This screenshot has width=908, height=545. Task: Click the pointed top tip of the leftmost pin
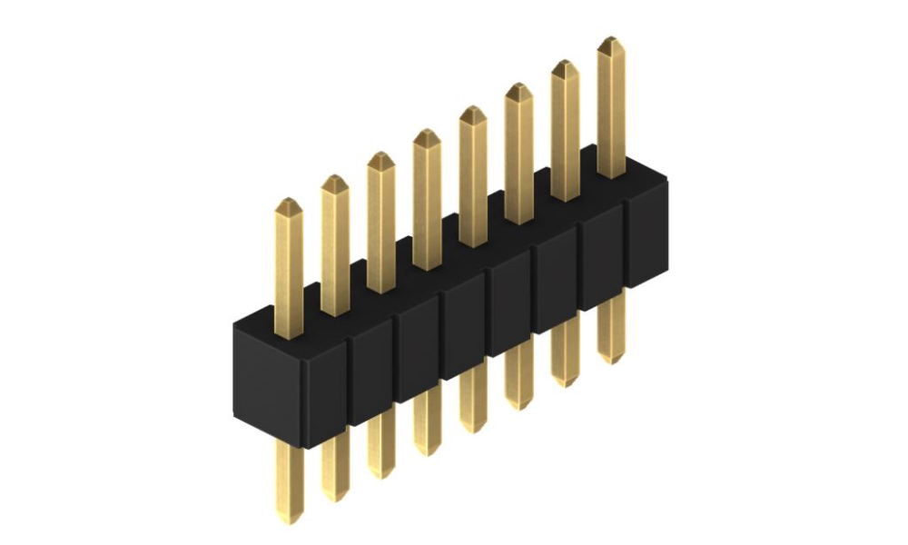pyautogui.click(x=289, y=202)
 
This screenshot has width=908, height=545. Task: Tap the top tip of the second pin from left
pyautogui.click(x=335, y=179)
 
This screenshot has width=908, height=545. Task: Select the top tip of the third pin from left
pyautogui.click(x=380, y=155)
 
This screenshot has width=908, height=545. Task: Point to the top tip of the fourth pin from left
pyautogui.click(x=427, y=133)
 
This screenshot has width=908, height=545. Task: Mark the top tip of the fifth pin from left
pyautogui.click(x=473, y=110)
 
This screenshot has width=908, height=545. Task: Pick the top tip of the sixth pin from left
pyautogui.click(x=519, y=87)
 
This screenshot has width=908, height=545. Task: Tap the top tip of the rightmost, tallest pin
pyautogui.click(x=611, y=40)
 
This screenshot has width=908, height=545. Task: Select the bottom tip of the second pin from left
pyautogui.click(x=336, y=498)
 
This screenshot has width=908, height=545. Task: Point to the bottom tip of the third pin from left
pyautogui.click(x=381, y=474)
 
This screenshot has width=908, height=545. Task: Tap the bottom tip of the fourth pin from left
pyautogui.click(x=427, y=451)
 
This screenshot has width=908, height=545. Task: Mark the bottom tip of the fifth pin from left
pyautogui.click(x=472, y=429)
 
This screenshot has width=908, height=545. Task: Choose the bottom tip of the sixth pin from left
pyautogui.click(x=518, y=406)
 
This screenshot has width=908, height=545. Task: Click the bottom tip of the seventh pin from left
pyautogui.click(x=565, y=382)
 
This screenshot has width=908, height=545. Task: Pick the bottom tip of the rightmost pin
pyautogui.click(x=611, y=360)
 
